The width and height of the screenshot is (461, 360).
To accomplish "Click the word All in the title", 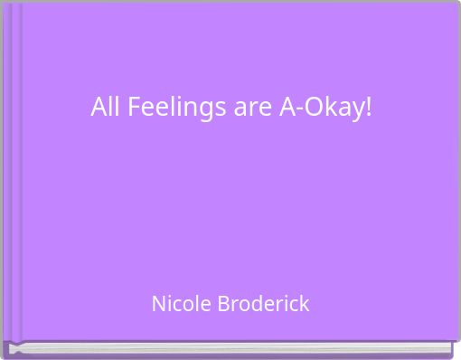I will point(106,108).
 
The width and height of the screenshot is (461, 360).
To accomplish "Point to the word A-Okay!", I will point(326,108).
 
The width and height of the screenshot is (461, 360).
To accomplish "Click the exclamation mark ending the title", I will point(369,108).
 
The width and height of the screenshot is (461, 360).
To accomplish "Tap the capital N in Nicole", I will point(158,304).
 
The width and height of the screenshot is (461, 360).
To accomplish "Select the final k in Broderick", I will point(304,304).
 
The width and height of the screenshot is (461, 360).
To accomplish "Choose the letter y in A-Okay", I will point(357,111).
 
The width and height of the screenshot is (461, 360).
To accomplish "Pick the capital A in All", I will point(99,108).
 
